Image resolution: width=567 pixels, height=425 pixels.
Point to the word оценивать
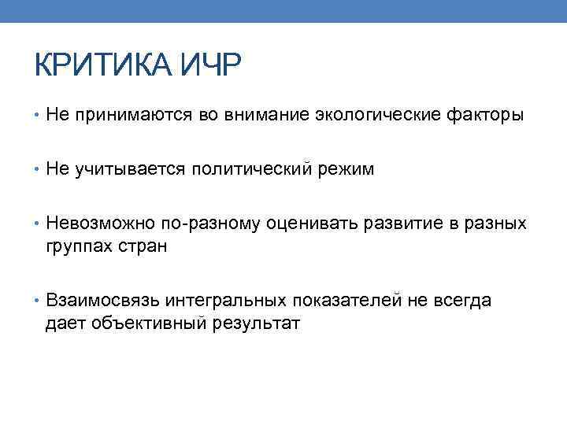click(311, 224)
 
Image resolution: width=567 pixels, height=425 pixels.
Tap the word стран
click(141, 246)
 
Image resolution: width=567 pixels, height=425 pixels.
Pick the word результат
click(256, 322)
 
